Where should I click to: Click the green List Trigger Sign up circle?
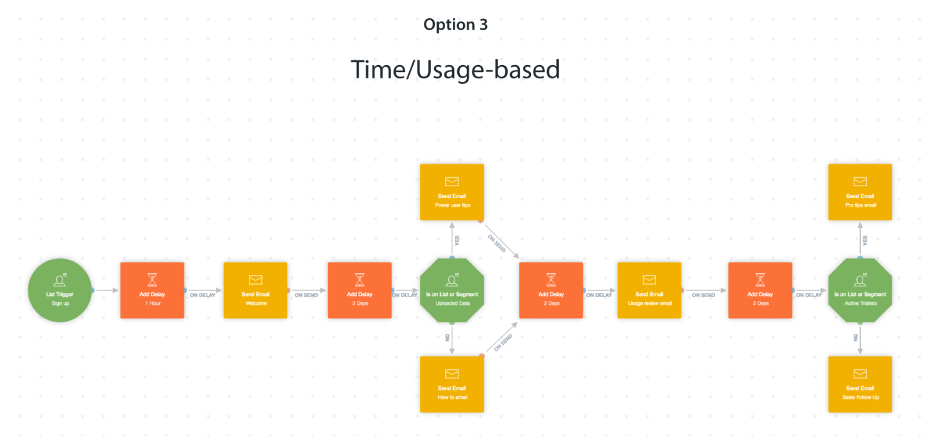tap(59, 290)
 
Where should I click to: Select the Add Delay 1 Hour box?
tap(152, 290)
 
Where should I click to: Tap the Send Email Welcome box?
tap(255, 290)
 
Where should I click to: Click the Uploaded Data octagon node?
tap(452, 290)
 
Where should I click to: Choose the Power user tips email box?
tap(452, 192)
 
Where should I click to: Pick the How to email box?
tap(452, 384)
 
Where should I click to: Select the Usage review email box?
tap(649, 290)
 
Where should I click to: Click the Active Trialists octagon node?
tap(859, 290)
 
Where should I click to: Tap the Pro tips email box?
tap(859, 192)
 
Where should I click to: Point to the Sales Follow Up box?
tap(859, 384)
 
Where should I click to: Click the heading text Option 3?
tap(455, 25)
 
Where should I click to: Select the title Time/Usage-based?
tap(455, 69)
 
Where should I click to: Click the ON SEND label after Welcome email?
tap(306, 295)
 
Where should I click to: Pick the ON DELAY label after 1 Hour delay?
tap(203, 295)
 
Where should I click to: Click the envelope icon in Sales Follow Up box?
tap(859, 374)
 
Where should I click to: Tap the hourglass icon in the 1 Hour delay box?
tap(152, 279)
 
